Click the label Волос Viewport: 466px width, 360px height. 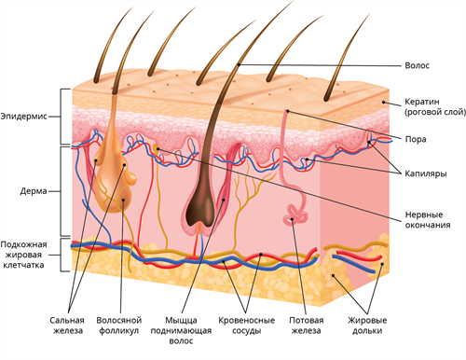(x=417, y=65)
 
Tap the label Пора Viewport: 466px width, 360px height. (x=416, y=139)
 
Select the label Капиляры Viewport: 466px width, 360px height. (x=426, y=173)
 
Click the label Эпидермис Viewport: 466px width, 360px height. (x=23, y=117)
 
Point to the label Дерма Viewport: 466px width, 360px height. (x=34, y=191)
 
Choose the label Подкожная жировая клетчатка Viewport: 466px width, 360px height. (x=23, y=255)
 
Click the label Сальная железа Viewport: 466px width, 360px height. (x=67, y=325)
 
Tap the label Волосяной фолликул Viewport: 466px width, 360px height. (x=119, y=325)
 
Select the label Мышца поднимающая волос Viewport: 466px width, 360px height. (x=181, y=330)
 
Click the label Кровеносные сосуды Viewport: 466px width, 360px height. (x=247, y=325)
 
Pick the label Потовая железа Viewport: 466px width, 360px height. (x=307, y=325)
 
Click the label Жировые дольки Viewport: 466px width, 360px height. (x=367, y=325)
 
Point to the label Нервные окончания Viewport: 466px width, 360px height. (x=428, y=220)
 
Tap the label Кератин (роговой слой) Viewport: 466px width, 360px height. (x=435, y=106)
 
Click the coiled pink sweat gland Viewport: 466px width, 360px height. (x=295, y=215)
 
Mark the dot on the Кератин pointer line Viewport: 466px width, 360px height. (x=384, y=102)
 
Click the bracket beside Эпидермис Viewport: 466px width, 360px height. (x=64, y=117)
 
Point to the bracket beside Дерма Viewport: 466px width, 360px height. (x=64, y=191)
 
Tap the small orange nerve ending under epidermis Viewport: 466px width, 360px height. (x=157, y=148)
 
